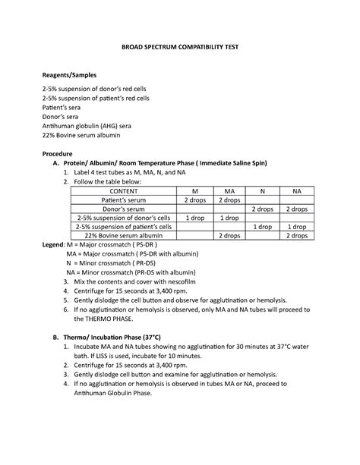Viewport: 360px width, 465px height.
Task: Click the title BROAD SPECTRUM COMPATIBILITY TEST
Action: tap(180, 47)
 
